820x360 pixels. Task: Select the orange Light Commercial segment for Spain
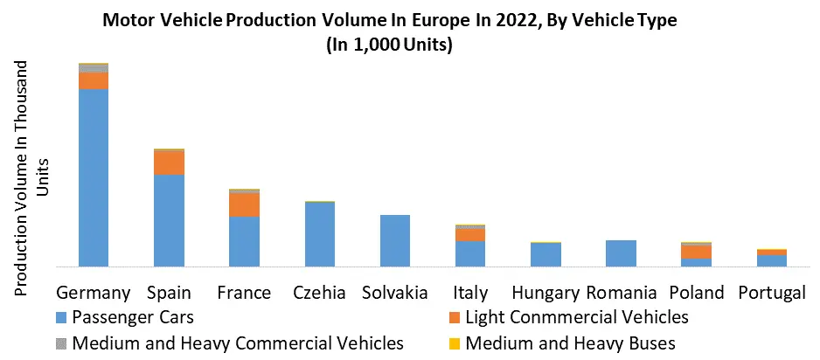click(169, 163)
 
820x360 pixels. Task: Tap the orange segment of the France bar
click(244, 204)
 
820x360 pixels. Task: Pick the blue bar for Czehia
click(319, 234)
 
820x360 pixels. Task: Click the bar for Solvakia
click(394, 240)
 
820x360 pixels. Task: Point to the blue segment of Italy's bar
click(470, 253)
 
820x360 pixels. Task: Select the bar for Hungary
click(546, 254)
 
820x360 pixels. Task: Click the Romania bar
click(621, 253)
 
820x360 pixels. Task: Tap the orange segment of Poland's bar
click(697, 252)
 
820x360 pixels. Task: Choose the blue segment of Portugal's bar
click(772, 260)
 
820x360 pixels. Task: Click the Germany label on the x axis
click(93, 293)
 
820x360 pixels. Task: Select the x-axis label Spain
click(170, 293)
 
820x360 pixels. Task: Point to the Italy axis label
click(470, 293)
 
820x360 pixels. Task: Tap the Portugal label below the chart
click(771, 293)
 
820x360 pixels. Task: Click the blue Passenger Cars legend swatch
click(60, 317)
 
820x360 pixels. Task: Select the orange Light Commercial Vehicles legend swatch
click(454, 317)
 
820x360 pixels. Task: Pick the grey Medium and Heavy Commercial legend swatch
click(60, 343)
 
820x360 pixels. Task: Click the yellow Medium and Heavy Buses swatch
click(454, 343)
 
